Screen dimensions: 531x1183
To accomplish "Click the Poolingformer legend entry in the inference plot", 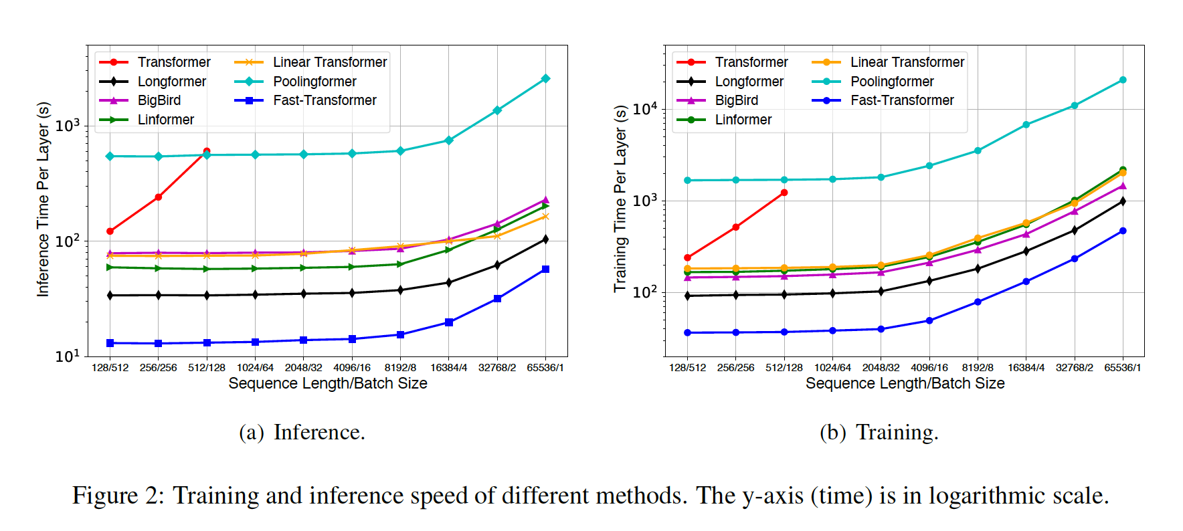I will click(314, 82).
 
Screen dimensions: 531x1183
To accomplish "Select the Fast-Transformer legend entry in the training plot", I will click(901, 100).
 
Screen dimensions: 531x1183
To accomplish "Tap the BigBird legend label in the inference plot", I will click(159, 100).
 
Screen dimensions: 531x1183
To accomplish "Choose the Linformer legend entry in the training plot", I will click(743, 120).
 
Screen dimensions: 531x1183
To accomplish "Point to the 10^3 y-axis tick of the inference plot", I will click(68, 126).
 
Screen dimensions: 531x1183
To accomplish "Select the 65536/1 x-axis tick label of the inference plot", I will click(545, 368).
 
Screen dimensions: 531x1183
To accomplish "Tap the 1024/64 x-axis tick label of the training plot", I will click(832, 368).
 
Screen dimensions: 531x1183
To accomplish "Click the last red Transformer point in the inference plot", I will click(207, 152).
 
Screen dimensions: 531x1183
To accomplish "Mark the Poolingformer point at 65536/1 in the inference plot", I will click(545, 78).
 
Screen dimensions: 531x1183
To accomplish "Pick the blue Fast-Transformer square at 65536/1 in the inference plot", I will click(545, 269).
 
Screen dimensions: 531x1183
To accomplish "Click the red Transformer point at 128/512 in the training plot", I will click(687, 257).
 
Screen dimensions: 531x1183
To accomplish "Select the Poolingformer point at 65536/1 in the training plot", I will click(1123, 80).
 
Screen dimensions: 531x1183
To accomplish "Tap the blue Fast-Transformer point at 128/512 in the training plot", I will click(687, 332).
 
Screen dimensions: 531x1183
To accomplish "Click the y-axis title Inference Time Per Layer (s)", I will click(43, 199).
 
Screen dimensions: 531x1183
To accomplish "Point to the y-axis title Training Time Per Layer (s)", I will click(620, 199).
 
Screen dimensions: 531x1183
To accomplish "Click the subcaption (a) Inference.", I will click(302, 433).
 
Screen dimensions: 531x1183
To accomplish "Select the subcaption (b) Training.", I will click(879, 433).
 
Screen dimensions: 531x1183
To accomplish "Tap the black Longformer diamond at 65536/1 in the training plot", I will click(1123, 201).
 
